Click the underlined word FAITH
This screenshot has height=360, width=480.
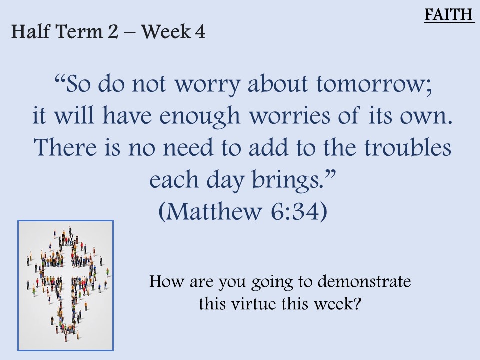coord(449,14)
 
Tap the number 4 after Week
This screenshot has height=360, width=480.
coord(200,32)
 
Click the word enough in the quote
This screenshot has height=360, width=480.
coord(200,117)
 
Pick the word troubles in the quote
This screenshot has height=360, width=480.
coord(408,147)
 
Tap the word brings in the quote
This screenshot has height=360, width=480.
coord(288,180)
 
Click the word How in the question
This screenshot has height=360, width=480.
coord(166,281)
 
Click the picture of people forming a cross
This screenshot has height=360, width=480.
coord(66,285)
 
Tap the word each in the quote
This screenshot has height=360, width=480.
coord(174,179)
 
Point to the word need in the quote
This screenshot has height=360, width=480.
coord(188,147)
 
